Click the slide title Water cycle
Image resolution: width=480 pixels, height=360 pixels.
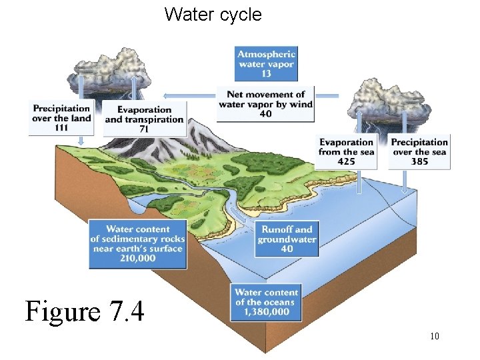(213, 15)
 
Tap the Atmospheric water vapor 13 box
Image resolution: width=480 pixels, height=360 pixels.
(266, 63)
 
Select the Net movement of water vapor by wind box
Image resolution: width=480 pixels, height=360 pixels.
(266, 104)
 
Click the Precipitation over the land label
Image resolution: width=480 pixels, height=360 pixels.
(61, 117)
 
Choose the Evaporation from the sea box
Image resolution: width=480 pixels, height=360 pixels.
(346, 151)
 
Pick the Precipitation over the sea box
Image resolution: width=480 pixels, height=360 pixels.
(419, 151)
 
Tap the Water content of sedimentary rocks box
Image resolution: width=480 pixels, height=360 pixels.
(138, 244)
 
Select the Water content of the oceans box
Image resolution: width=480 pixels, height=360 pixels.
(266, 302)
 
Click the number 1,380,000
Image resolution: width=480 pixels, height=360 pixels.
(266, 312)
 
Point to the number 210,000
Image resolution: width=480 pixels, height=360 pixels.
(138, 259)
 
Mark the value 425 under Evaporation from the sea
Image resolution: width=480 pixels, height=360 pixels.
(346, 161)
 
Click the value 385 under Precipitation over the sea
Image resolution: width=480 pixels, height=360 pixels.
(419, 161)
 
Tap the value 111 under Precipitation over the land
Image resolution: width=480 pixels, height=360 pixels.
(61, 128)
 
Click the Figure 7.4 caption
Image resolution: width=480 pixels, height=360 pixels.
(85, 311)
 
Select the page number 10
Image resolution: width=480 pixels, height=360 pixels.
(434, 336)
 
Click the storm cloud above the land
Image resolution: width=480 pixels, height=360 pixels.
(110, 70)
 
